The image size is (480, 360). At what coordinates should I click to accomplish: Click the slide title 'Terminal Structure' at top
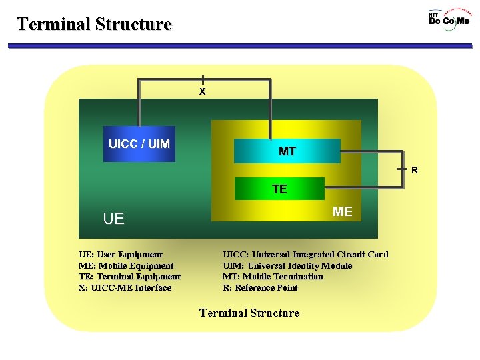click(x=94, y=24)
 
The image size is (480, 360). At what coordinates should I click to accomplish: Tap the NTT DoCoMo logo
click(x=449, y=18)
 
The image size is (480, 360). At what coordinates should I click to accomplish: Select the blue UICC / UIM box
click(x=139, y=144)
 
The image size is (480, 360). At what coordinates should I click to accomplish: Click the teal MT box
click(x=287, y=151)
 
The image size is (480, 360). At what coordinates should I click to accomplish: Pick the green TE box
click(x=279, y=189)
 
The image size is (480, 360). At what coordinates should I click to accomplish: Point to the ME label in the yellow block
click(x=342, y=211)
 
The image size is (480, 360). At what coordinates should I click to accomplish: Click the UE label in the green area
click(x=113, y=219)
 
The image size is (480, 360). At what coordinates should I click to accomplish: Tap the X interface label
click(x=203, y=91)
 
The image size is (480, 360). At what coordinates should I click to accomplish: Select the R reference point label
click(x=415, y=170)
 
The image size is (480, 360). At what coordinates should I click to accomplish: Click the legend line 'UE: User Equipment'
click(x=121, y=254)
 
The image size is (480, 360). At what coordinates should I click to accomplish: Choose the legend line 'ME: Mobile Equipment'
click(x=126, y=265)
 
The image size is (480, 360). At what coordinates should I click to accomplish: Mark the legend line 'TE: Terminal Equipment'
click(x=129, y=277)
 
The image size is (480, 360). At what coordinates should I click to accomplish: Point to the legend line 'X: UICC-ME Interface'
click(x=125, y=288)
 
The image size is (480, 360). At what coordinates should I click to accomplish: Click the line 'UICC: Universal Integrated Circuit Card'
click(x=305, y=254)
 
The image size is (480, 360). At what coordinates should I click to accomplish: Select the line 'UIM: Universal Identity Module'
click(x=287, y=265)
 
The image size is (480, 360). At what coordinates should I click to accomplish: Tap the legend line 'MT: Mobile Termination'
click(x=273, y=277)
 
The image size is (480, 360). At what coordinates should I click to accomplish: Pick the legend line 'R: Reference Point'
click(x=260, y=288)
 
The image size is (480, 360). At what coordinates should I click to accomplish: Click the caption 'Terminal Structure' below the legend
click(x=249, y=313)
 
